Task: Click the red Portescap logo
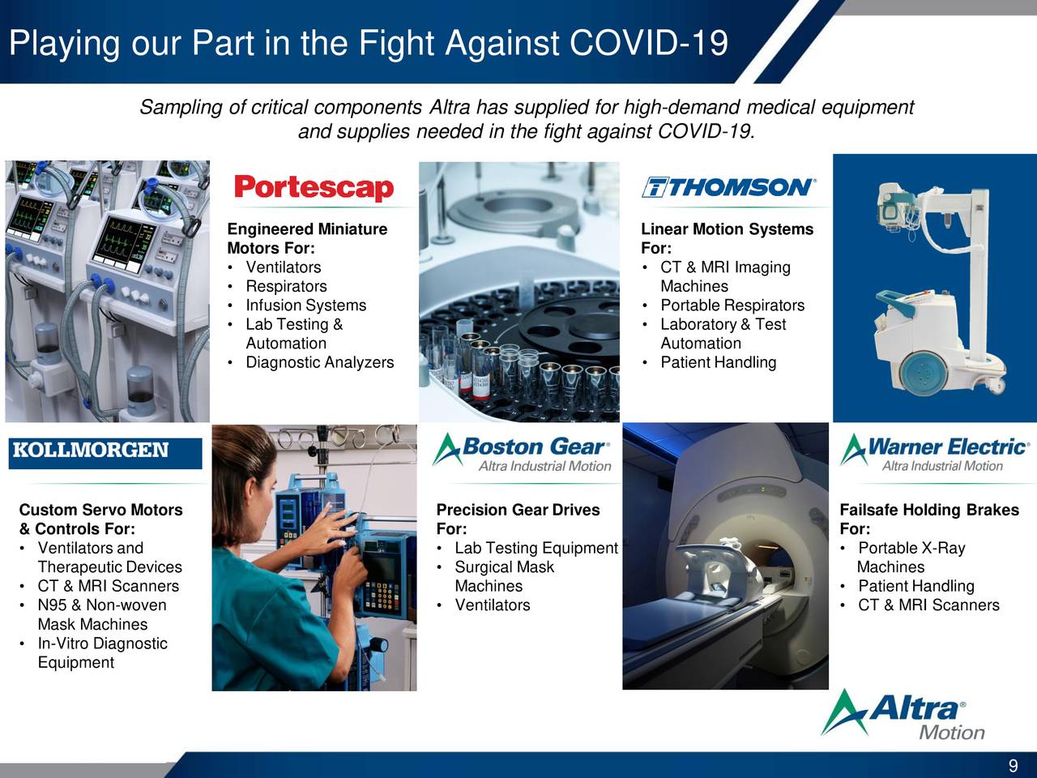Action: [314, 188]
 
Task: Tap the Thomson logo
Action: [728, 187]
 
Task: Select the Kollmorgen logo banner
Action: [105, 453]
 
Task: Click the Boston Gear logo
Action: [522, 452]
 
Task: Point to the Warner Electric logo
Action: [934, 452]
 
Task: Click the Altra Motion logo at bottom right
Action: [903, 715]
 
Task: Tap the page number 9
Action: [1013, 765]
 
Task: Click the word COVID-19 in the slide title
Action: [649, 43]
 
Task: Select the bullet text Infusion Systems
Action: [305, 306]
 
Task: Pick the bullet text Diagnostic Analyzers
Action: [320, 362]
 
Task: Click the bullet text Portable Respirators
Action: [732, 306]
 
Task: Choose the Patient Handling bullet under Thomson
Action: [718, 362]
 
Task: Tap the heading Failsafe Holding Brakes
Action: [929, 510]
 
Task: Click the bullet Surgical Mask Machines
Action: [504, 576]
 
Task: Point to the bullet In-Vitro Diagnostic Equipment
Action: [103, 653]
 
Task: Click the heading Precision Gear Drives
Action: [518, 510]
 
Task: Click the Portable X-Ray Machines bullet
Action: [911, 558]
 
